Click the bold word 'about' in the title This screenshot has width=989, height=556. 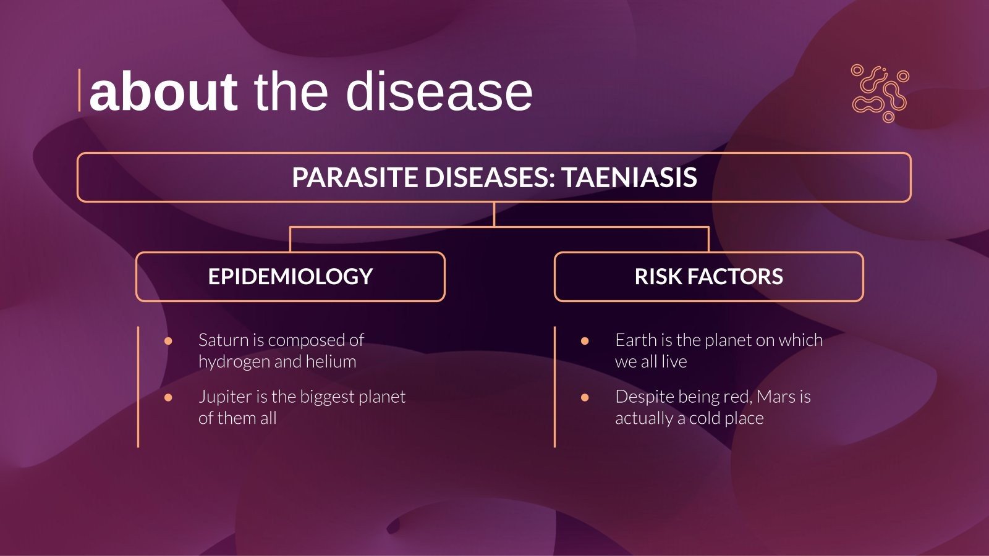coord(163,92)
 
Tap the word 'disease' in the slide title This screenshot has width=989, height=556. coord(439,92)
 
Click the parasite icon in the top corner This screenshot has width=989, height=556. coord(880,93)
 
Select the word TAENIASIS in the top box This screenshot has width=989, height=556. coord(629,178)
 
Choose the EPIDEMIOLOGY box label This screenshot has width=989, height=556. coord(290,277)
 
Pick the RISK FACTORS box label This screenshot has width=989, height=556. coord(708,277)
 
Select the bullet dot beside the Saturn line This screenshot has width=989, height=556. coord(168,341)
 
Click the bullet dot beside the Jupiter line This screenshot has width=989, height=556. coord(168,397)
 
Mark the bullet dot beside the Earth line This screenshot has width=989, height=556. coord(585,341)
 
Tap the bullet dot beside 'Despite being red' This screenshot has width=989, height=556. coord(585,397)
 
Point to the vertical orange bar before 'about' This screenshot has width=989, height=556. coord(79,91)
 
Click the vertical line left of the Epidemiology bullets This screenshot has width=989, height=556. coord(138,387)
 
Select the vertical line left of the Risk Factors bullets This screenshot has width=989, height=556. coord(554,387)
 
